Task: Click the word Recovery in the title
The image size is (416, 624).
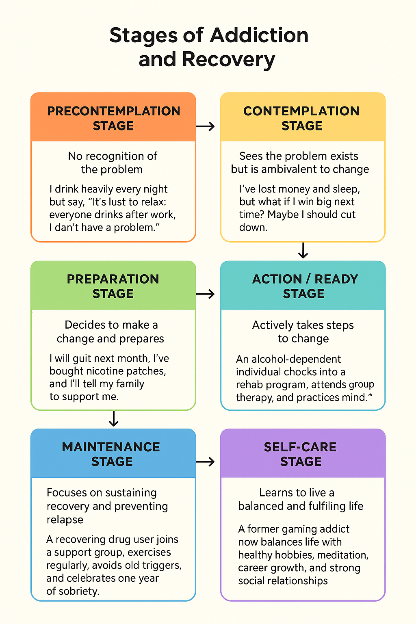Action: point(228,59)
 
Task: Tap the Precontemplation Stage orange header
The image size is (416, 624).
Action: point(113,118)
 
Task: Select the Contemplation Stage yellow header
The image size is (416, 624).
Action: point(302,118)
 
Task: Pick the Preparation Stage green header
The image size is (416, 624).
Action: point(113,286)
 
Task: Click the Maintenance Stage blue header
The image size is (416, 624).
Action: point(112,454)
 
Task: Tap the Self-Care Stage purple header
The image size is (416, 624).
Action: point(301,454)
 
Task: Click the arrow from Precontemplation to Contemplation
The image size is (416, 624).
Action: point(206,126)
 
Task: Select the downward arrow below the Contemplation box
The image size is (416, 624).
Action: point(303,250)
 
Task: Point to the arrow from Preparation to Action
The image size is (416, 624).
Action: point(206,294)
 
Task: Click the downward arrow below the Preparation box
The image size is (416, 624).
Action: point(114,418)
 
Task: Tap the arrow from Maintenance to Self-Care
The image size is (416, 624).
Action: point(206,462)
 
